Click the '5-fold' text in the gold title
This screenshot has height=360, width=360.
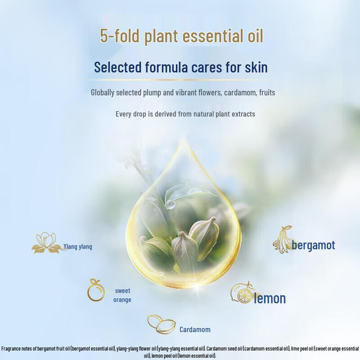pos(120,36)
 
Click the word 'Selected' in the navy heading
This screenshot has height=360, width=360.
pos(117,67)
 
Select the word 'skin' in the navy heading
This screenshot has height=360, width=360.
pos(256,67)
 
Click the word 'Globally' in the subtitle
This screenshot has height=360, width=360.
pos(103,93)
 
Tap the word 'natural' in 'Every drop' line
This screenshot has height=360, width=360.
pos(203,114)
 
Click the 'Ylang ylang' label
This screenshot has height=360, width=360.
pos(78,247)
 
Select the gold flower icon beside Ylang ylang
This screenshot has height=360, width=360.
pos(47,243)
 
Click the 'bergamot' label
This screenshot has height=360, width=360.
pos(313,245)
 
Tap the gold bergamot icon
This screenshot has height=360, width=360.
pos(282,239)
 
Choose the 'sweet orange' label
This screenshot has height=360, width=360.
pos(122,295)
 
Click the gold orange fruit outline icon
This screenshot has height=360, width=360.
pos(96,290)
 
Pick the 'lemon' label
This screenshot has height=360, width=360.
pos(270,298)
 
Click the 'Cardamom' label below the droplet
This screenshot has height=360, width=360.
pos(195,330)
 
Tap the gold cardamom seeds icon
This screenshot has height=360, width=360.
pos(162,324)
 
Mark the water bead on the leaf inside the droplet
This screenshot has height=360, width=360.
pos(170,204)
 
